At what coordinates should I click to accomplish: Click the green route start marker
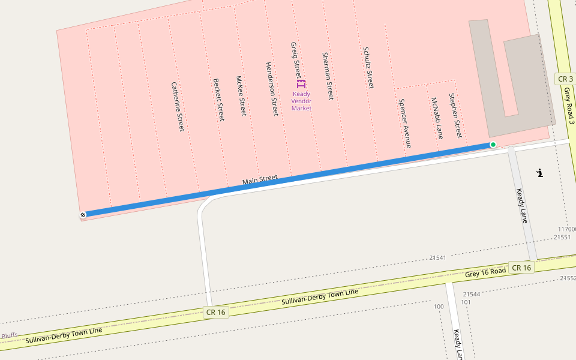493,145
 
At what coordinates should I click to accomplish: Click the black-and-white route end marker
83,214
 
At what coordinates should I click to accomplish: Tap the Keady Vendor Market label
302,101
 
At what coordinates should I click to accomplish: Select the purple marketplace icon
301,84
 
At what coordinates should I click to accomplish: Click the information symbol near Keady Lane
540,173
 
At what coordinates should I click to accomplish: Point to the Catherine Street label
178,107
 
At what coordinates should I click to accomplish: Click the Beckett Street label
219,100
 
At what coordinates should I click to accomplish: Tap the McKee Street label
241,96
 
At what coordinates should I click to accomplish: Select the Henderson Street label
272,89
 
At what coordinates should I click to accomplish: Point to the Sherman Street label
328,76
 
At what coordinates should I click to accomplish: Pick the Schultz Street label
368,68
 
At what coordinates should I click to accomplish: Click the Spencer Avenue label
405,123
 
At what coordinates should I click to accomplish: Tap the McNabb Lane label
437,118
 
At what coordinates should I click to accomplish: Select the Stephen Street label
455,115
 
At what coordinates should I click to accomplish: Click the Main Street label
260,179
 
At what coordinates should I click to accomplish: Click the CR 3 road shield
565,79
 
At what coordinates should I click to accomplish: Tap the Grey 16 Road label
485,272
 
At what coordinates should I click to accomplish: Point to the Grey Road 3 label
569,106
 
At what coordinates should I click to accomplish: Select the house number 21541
438,257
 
